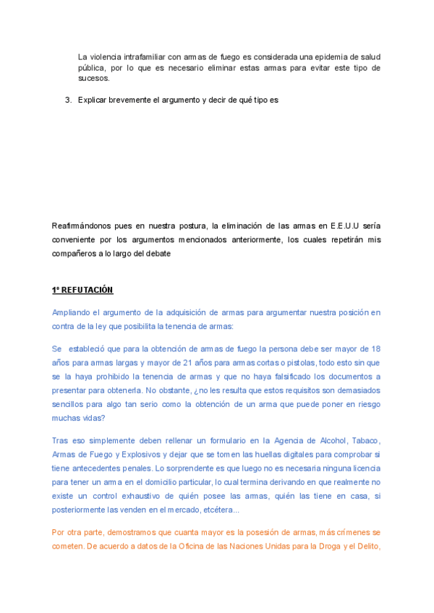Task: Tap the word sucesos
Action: coord(94,78)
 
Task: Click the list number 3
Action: coord(68,100)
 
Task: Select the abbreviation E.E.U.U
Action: coord(344,226)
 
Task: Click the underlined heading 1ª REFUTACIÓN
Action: coord(82,290)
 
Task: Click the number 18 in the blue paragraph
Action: coord(375,348)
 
